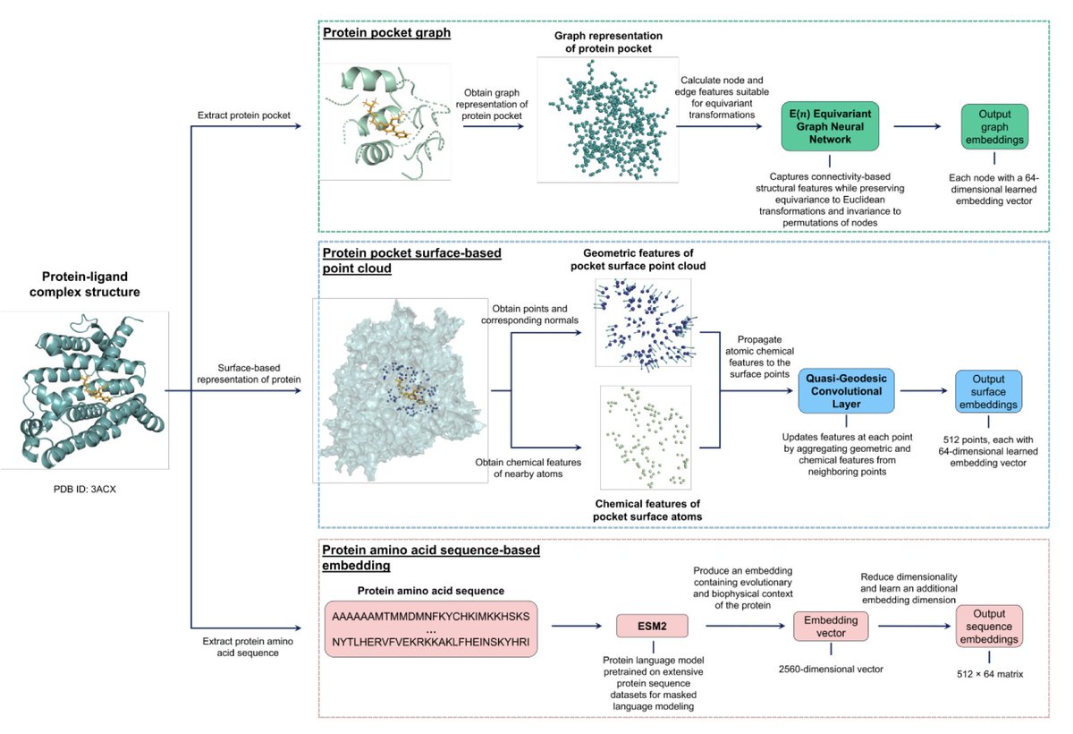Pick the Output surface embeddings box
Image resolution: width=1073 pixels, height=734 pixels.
point(988,391)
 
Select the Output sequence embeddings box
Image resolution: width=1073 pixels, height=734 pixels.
point(989,627)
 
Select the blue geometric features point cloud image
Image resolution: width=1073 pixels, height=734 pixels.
point(644,323)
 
